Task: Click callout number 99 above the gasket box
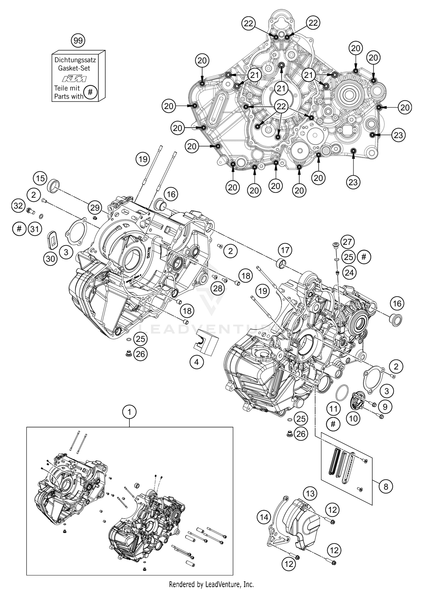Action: point(78,41)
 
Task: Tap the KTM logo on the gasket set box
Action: point(74,78)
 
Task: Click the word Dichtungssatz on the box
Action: point(75,60)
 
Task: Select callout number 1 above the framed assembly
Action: point(129,412)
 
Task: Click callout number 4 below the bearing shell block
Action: point(197,362)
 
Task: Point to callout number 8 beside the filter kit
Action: point(386,486)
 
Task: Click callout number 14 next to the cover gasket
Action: point(264,517)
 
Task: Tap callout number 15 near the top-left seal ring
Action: point(40,178)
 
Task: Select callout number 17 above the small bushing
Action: point(285,250)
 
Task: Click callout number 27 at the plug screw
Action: point(347,242)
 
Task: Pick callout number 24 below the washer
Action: point(349,273)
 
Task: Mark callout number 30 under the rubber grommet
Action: point(50,258)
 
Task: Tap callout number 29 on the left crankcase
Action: point(95,207)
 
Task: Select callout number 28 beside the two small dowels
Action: point(218,288)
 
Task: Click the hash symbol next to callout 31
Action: point(19,228)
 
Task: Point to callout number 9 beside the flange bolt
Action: point(385,406)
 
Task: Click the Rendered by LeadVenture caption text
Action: point(211,584)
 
